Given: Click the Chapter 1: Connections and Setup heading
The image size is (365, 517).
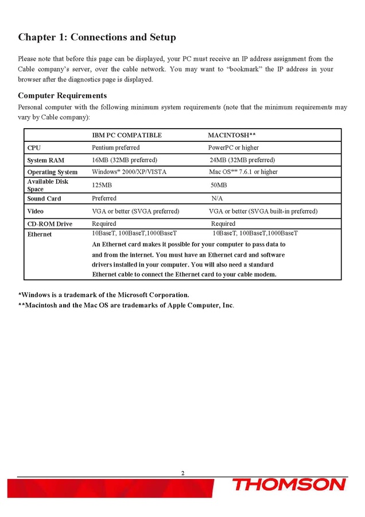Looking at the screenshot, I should (97, 37).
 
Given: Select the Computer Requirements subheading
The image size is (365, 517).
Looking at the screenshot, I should (62, 95).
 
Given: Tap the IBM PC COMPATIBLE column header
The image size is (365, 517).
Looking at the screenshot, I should (127, 136).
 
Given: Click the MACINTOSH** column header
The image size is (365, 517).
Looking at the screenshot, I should (231, 136).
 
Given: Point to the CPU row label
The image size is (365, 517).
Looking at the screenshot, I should (34, 148).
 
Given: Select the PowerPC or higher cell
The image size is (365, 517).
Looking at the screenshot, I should (233, 148).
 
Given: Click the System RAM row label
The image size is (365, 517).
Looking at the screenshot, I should (45, 160).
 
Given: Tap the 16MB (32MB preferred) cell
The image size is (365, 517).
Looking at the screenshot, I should (125, 160).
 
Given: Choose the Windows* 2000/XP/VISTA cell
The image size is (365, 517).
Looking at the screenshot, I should (129, 172).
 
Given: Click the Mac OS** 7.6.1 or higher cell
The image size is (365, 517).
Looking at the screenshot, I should (243, 172).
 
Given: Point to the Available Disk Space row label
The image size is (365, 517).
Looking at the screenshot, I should (48, 185).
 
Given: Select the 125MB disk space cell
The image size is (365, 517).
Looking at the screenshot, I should (102, 185).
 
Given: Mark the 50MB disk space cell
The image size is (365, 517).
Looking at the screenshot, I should (219, 185).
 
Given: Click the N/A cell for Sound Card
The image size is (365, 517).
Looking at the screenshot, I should (217, 198).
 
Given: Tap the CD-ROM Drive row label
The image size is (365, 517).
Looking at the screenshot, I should (49, 224).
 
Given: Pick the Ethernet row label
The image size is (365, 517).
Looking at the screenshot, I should (40, 234).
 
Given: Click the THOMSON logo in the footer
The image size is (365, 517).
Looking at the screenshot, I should (289, 485).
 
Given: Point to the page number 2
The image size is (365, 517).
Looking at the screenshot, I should (182, 473).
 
